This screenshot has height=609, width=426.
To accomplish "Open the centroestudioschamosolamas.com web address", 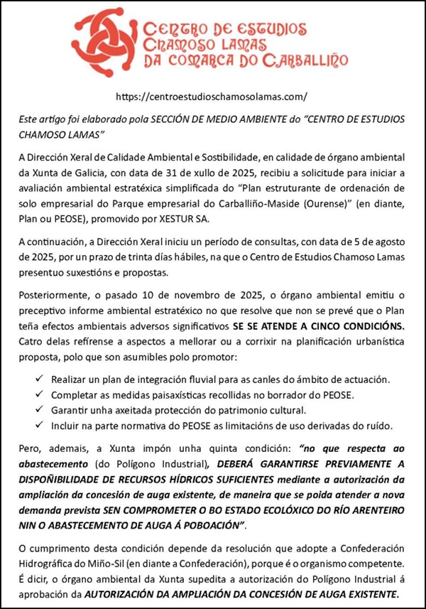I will point(212,96).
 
